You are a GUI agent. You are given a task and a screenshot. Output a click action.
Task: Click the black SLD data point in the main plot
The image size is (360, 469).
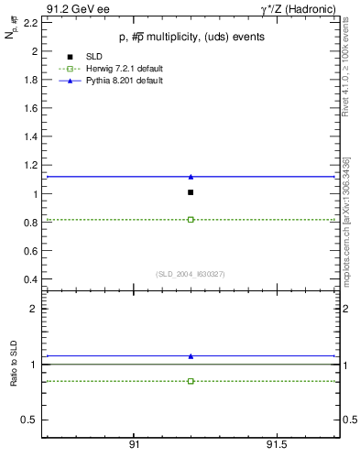point(191,192)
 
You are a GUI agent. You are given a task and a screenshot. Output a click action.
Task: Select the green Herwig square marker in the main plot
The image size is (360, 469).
point(191,220)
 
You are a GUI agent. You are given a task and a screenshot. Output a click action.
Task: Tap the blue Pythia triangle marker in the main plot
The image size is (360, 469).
point(191,176)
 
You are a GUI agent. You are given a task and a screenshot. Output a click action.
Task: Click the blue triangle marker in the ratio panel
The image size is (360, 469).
point(191,355)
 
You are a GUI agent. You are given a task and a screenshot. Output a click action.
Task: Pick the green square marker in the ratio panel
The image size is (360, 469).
point(191,381)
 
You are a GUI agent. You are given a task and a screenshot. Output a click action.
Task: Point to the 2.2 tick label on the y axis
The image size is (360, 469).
point(29,23)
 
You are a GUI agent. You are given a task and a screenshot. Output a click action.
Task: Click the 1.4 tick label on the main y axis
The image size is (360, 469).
point(29,136)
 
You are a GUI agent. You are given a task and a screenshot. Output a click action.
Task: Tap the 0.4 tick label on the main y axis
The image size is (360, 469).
point(29,279)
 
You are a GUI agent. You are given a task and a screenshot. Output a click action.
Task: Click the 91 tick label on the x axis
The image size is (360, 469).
point(134,445)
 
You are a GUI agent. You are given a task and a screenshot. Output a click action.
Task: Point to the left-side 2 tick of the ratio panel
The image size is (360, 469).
point(33,309)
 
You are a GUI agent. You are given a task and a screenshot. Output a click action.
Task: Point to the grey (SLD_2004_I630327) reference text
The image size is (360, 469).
point(190,274)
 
